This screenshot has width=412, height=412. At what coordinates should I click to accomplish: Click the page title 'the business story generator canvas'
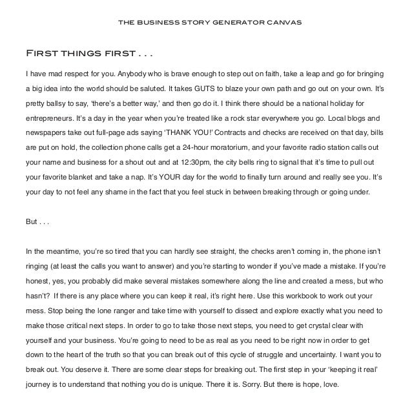[x=206, y=23]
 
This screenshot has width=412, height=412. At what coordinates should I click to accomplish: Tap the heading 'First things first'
[x=87, y=52]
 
